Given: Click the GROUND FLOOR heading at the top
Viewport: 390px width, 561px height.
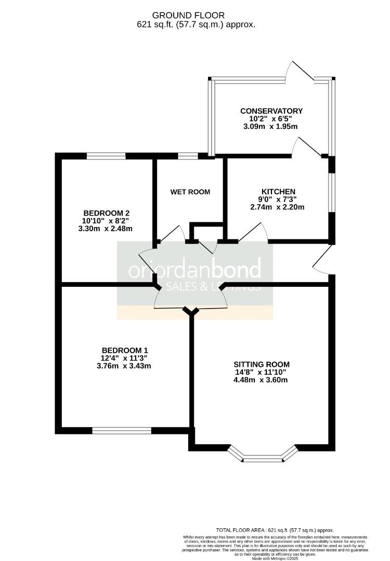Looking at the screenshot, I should (196, 16).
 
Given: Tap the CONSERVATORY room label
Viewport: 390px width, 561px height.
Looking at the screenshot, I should (271, 111).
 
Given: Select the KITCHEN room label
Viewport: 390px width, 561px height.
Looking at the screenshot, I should (278, 192).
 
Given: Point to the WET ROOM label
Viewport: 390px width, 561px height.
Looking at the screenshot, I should (190, 192).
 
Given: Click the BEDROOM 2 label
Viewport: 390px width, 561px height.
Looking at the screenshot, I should (106, 213).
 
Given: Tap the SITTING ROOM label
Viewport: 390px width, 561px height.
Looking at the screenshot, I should (262, 364).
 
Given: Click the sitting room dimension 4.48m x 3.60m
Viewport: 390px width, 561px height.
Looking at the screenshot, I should (262, 380).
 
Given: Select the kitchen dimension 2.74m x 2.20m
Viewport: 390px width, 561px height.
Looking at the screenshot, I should (277, 207).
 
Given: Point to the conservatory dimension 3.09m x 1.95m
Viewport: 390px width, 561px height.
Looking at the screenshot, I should (270, 126).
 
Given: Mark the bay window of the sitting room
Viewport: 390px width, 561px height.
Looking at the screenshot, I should (263, 457).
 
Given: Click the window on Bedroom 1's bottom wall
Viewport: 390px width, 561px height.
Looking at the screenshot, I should (122, 430).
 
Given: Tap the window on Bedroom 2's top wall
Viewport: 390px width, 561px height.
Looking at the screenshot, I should (106, 155).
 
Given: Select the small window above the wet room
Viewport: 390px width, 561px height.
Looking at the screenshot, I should (188, 155).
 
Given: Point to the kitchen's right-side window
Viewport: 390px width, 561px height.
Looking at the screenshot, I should (332, 192).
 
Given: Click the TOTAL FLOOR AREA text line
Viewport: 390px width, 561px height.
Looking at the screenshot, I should (275, 530).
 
